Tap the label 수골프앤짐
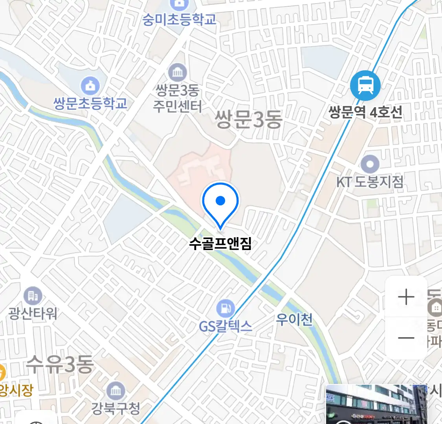pyautogui.click(x=220, y=244)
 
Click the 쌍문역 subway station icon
pyautogui.click(x=365, y=86)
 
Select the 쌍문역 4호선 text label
pyautogui.click(x=365, y=113)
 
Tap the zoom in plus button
pyautogui.click(x=406, y=297)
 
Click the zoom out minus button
pyautogui.click(x=406, y=338)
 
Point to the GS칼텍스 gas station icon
pyautogui.click(x=226, y=308)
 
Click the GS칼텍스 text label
pyautogui.click(x=226, y=326)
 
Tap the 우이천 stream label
pyautogui.click(x=294, y=320)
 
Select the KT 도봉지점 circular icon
pyautogui.click(x=370, y=164)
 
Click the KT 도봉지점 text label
pyautogui.click(x=370, y=182)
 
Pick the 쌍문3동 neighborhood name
pyautogui.click(x=248, y=119)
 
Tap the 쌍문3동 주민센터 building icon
pyautogui.click(x=178, y=72)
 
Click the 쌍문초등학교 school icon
pyautogui.click(x=90, y=85)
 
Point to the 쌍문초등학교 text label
pyautogui.click(x=90, y=104)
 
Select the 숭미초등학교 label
pyautogui.click(x=179, y=20)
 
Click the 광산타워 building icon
pyautogui.click(x=33, y=296)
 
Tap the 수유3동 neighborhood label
pyautogui.click(x=60, y=365)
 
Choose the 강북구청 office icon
pyautogui.click(x=116, y=391)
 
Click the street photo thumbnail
pyautogui.click(x=376, y=404)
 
